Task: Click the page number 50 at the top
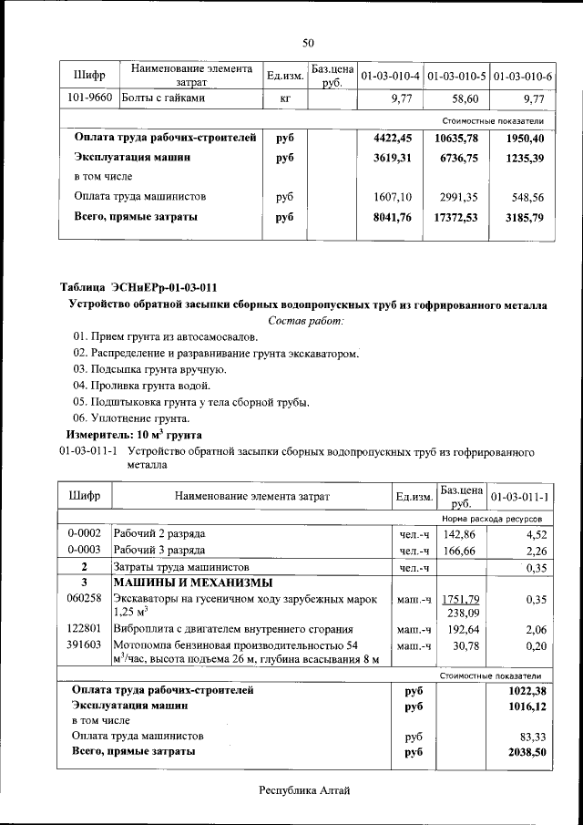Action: click(308, 43)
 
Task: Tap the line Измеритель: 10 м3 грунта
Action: click(134, 434)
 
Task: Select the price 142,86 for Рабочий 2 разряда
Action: click(460, 532)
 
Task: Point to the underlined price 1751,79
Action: click(460, 599)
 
